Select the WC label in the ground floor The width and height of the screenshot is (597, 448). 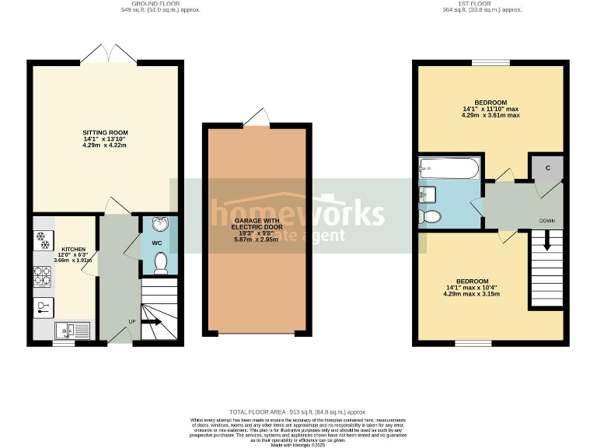tap(158, 243)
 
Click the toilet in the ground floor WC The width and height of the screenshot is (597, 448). tap(160, 264)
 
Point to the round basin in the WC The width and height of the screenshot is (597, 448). tap(159, 226)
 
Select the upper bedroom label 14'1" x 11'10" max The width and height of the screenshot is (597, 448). tap(491, 109)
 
